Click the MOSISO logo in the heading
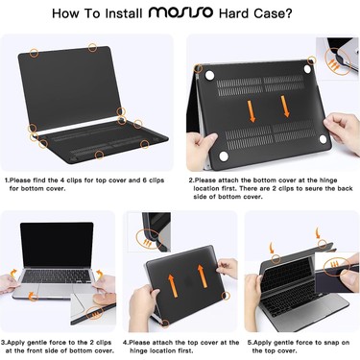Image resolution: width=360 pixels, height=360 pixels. pos(180,12)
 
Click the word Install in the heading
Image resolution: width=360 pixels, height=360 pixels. pos(124,13)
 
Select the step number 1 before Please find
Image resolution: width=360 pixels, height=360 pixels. pos(7,180)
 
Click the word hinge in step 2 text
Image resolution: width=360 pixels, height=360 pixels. pos(328,180)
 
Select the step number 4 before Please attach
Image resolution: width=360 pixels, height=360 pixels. pos(125,343)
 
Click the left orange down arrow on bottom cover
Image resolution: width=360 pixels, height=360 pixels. pos(252,111)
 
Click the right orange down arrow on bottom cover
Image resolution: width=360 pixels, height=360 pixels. pos(285,107)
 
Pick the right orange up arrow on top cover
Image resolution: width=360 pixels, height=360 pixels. pos(202,276)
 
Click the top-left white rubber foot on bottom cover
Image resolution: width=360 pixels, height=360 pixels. pos(209,76)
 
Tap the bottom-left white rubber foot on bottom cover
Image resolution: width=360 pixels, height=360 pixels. pos(224,156)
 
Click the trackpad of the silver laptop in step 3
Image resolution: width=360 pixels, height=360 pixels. pos(55,290)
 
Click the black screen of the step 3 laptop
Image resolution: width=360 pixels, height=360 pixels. pos(57,245)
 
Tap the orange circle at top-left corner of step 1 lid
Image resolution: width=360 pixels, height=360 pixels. pos(34,53)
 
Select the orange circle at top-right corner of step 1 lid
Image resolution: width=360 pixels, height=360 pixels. pos(92,48)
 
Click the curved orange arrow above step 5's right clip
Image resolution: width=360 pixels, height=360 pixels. pos(318,233)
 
